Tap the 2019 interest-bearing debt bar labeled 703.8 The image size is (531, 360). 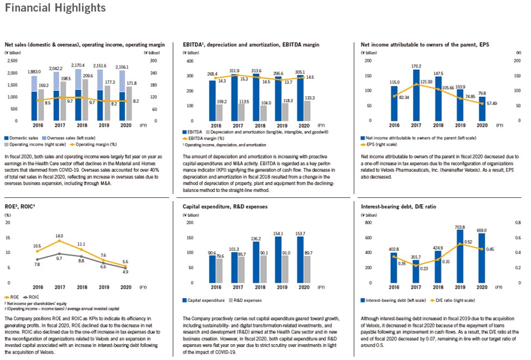[460, 256]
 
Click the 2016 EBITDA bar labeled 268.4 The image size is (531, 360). [212, 100]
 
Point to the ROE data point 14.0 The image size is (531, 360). [60, 240]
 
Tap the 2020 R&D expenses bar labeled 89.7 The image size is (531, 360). [307, 269]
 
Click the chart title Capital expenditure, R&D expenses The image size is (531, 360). [219, 206]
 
